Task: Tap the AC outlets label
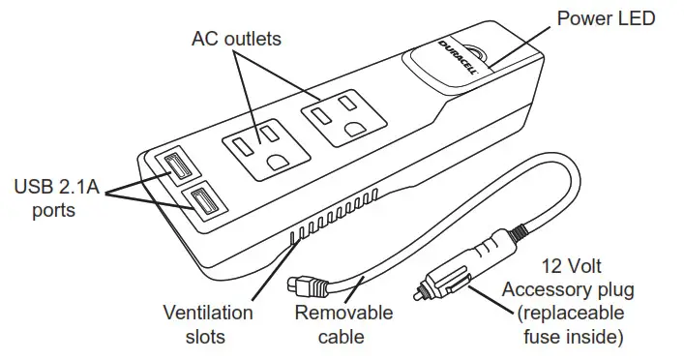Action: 236,39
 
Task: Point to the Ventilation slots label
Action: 207,324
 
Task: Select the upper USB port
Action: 181,167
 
